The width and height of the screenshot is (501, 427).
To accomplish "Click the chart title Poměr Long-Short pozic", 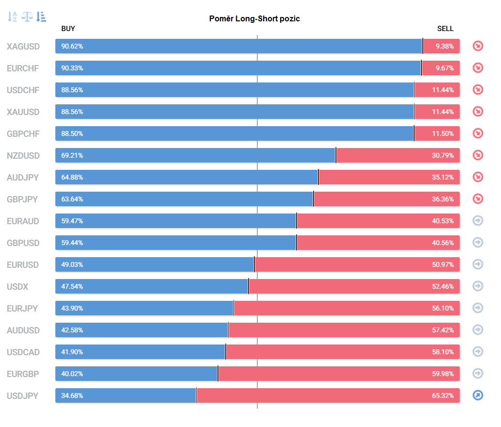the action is [x=254, y=18].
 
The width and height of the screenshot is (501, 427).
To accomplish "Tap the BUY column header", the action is [x=68, y=29].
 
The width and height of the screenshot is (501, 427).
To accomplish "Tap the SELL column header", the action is [x=445, y=29].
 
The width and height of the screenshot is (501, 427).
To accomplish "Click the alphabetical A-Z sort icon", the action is [x=12, y=16].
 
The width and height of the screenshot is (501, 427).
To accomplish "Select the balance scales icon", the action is [x=27, y=16].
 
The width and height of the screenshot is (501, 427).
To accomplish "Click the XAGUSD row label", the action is [x=23, y=47].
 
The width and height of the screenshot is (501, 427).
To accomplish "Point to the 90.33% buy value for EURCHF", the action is [x=72, y=68].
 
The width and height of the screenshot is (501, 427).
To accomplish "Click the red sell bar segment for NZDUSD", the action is [x=398, y=156].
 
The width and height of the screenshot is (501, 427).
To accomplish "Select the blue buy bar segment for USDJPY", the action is [x=126, y=395].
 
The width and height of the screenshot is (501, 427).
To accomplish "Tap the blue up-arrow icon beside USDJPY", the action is [x=478, y=395].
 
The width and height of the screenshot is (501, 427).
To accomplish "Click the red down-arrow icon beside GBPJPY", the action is [x=478, y=199].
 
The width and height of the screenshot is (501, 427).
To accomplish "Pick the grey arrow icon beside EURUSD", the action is [x=478, y=264].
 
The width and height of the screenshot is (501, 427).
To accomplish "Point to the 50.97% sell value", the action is [x=443, y=265].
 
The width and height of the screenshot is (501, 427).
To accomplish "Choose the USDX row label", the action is [x=17, y=287].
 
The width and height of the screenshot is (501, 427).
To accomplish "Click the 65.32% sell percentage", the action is [x=443, y=395].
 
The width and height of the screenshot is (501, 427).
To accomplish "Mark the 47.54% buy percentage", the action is [x=72, y=286].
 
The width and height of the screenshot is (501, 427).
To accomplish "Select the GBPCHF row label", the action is [x=23, y=134].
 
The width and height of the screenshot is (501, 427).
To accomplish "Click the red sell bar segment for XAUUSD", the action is [x=437, y=112].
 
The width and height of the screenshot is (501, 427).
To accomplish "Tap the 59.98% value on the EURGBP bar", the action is [x=443, y=374].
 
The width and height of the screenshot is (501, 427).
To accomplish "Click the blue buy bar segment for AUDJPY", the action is [x=186, y=177].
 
